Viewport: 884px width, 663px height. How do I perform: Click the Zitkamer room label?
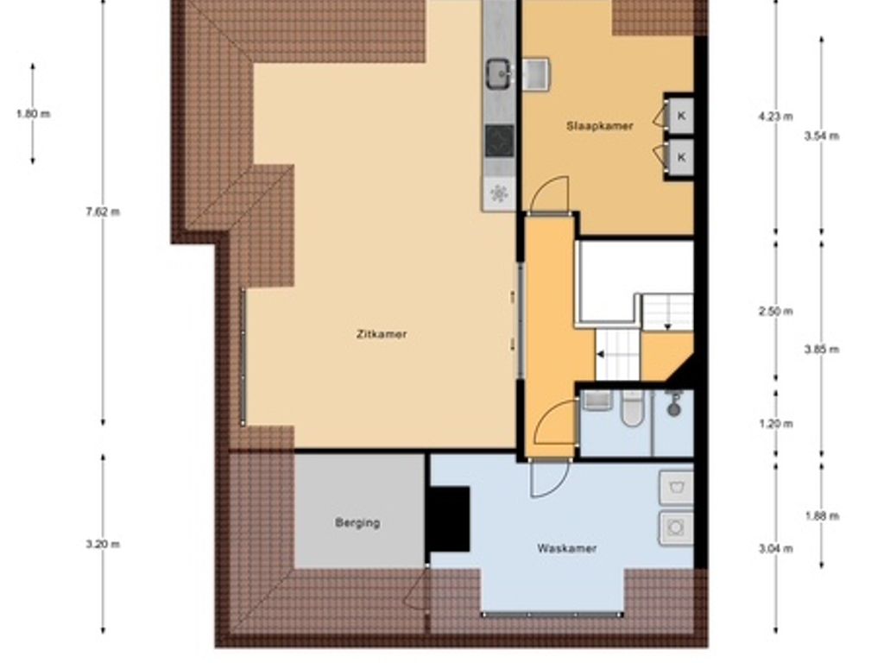pyautogui.click(x=382, y=334)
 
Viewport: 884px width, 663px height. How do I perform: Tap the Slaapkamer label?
pyautogui.click(x=600, y=126)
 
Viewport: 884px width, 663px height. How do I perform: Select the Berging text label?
pyautogui.click(x=357, y=522)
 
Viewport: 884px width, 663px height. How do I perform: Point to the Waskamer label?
pyautogui.click(x=566, y=548)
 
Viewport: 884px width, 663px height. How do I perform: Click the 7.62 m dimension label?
pyautogui.click(x=103, y=212)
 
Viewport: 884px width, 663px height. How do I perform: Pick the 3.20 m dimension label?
pyautogui.click(x=103, y=544)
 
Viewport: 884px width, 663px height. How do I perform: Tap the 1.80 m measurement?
pyautogui.click(x=33, y=114)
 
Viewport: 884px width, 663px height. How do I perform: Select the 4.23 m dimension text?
pyautogui.click(x=776, y=117)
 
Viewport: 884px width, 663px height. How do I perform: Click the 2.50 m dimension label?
pyautogui.click(x=776, y=311)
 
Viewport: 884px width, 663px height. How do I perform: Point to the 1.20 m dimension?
pyautogui.click(x=776, y=423)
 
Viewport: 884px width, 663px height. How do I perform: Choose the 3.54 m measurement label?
pyautogui.click(x=822, y=136)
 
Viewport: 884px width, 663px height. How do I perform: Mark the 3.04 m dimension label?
pyautogui.click(x=776, y=548)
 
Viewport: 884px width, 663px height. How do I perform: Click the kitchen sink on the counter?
pyautogui.click(x=500, y=74)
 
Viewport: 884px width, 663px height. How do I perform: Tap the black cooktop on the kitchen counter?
pyautogui.click(x=500, y=141)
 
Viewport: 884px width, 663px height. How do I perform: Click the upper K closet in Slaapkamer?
pyautogui.click(x=680, y=116)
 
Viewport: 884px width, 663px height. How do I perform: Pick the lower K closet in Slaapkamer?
pyautogui.click(x=680, y=157)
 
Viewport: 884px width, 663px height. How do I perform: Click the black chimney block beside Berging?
pyautogui.click(x=448, y=519)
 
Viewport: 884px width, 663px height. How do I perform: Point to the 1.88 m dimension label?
pyautogui.click(x=822, y=516)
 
